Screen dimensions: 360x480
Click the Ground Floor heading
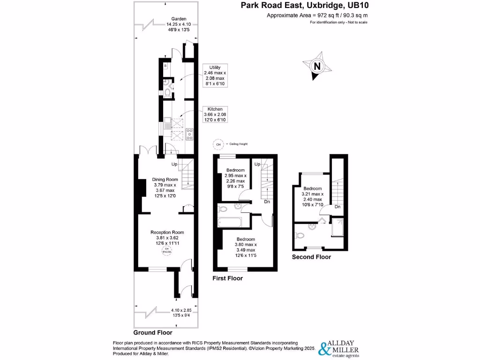click(x=153, y=332)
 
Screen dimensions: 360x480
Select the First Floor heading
click(x=227, y=278)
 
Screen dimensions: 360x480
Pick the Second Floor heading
click(x=311, y=257)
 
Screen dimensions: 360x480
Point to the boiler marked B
click(x=165, y=66)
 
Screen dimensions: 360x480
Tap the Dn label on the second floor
click(x=337, y=207)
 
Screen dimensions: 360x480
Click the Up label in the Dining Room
click(x=174, y=164)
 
